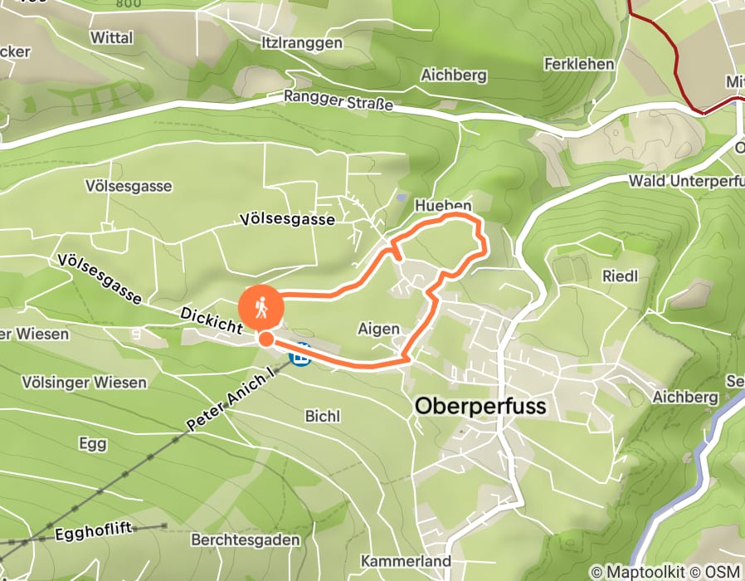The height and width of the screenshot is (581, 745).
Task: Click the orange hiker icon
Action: tap(261, 308)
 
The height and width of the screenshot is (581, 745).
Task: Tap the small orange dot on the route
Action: tap(265, 339)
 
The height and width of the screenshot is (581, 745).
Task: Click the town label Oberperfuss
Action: tap(480, 406)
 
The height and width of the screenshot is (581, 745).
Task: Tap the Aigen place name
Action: tap(378, 329)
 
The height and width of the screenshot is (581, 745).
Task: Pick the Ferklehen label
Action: tap(579, 64)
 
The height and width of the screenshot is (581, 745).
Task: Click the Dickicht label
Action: tap(211, 322)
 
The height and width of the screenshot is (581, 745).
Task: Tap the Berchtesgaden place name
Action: tap(245, 539)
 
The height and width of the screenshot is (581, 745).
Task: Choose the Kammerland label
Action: tap(407, 561)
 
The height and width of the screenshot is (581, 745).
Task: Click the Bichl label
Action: tap(322, 416)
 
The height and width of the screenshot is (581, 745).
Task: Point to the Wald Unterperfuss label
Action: tap(685, 181)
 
